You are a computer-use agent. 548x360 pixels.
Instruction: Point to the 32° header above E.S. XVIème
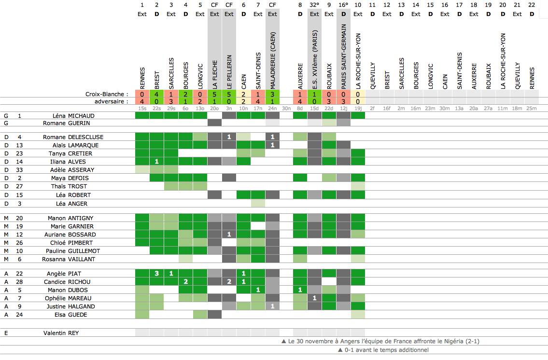pos(314,5)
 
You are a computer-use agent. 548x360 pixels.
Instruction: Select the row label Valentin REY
pos(61,333)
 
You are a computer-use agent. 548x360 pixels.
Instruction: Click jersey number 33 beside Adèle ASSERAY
pos(19,170)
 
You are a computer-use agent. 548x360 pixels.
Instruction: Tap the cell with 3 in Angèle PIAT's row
pos(156,274)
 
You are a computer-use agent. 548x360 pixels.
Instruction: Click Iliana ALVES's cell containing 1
pos(156,161)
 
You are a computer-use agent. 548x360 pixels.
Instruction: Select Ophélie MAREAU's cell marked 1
pos(314,298)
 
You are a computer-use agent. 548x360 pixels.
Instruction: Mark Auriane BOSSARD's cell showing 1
pos(229,235)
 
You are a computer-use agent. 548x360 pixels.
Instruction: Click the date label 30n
pos(286,109)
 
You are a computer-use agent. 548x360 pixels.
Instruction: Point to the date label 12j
pos(344,109)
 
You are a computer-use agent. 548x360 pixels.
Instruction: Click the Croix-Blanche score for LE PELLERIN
pos(229,95)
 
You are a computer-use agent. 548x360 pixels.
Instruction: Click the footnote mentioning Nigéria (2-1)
pos(380,341)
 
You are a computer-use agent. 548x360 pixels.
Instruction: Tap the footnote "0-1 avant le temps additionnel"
pos(383,350)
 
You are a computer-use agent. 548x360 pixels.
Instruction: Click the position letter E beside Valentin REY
pos(6,333)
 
